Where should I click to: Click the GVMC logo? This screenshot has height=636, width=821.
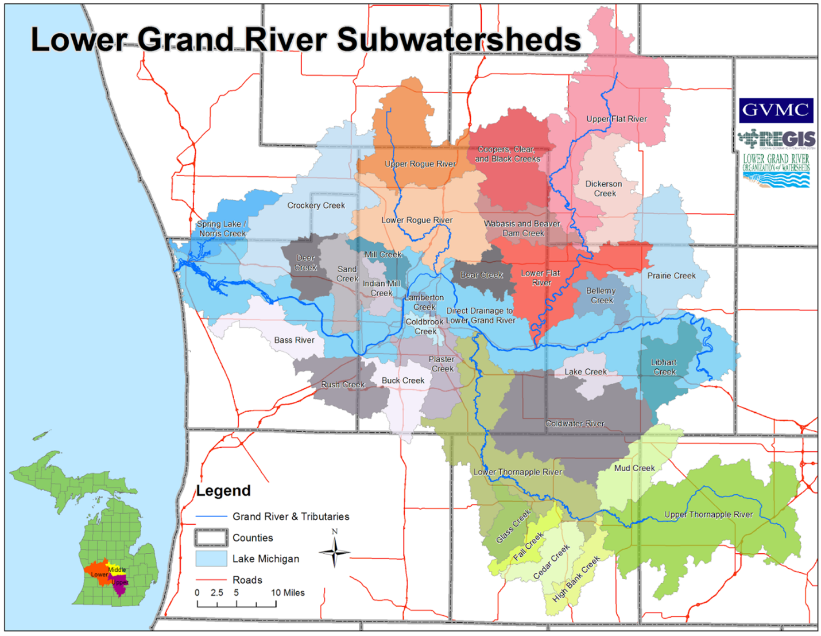[776, 110]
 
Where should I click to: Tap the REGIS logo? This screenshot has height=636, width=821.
[776, 139]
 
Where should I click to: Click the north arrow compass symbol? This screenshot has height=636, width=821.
[335, 552]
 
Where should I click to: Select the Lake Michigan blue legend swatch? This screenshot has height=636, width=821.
[211, 559]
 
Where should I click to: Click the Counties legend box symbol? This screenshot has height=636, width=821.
[211, 537]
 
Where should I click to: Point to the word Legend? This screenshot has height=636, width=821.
[223, 491]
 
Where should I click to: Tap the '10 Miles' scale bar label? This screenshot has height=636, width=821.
[288, 592]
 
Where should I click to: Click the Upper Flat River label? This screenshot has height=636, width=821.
[616, 119]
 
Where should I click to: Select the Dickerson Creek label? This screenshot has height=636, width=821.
[603, 189]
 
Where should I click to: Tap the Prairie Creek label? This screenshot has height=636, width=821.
[671, 276]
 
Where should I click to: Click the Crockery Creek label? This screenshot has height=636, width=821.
[316, 205]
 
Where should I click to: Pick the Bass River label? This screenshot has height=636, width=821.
[294, 340]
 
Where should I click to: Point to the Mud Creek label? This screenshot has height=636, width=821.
[634, 468]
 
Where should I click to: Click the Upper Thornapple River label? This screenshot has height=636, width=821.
[708, 514]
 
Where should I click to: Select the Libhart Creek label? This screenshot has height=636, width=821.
[664, 367]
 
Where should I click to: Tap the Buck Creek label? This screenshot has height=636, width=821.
[403, 380]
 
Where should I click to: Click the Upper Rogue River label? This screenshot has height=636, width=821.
[420, 164]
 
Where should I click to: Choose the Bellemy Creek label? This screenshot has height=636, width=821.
[601, 295]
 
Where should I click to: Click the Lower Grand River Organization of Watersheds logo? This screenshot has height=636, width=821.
[776, 170]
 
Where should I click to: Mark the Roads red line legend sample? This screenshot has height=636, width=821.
[211, 580]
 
